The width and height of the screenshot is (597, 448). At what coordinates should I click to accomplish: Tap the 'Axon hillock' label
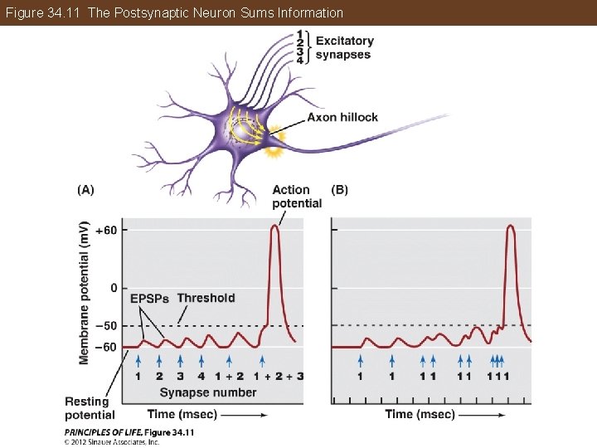pos(342,117)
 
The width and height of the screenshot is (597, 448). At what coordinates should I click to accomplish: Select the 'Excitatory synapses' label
pos(344,47)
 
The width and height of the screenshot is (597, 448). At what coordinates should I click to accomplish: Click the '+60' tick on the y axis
pos(105,230)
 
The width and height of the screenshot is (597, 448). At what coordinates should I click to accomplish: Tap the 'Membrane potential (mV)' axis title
pos(85,293)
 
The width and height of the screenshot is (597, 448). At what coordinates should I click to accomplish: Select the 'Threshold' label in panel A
pos(206,298)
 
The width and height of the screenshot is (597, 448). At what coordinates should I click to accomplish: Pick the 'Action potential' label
pos(296,197)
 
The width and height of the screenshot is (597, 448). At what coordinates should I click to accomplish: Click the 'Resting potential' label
pos(90,408)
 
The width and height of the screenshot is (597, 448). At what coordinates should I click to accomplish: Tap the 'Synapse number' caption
pos(207,392)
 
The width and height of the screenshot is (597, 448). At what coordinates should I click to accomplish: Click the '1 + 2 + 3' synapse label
pos(276,376)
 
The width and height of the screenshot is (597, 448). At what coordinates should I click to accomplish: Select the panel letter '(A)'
pos(85,189)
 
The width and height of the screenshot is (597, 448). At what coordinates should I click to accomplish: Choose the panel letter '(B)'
pos(340,189)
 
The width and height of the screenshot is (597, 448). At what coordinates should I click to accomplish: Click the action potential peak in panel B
pos(512,226)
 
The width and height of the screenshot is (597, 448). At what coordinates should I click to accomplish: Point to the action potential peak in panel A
pos(275,226)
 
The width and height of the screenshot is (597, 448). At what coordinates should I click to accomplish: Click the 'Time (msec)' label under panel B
pos(420,414)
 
